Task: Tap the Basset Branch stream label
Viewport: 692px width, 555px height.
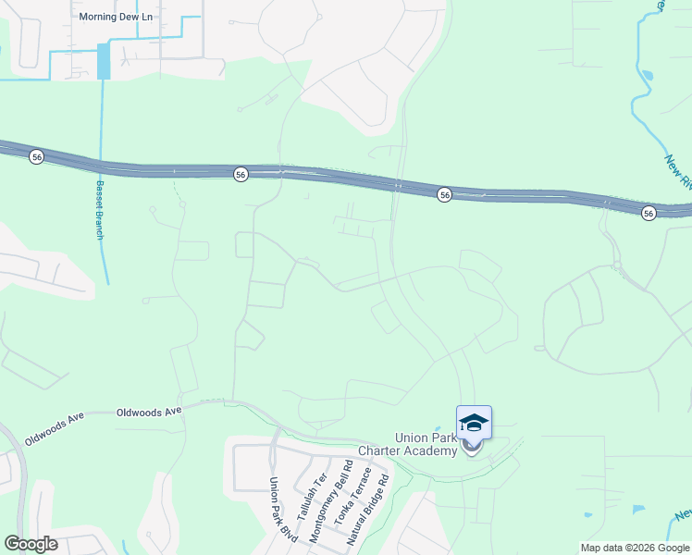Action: coord(100,210)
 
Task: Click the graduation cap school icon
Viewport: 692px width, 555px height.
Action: coord(474,423)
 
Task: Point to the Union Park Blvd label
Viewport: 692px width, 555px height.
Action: coord(274,502)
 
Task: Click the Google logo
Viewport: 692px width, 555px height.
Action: coord(31,544)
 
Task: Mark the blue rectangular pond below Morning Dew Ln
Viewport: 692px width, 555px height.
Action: coord(103,62)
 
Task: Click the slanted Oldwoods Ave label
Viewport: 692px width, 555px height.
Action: coord(55,428)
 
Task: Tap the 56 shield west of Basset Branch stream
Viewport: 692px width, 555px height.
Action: coord(36,157)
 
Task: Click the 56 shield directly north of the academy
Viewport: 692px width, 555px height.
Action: coord(445,194)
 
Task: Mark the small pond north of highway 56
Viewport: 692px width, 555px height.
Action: coord(646,75)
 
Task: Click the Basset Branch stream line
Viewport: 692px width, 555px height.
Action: coord(101,129)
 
